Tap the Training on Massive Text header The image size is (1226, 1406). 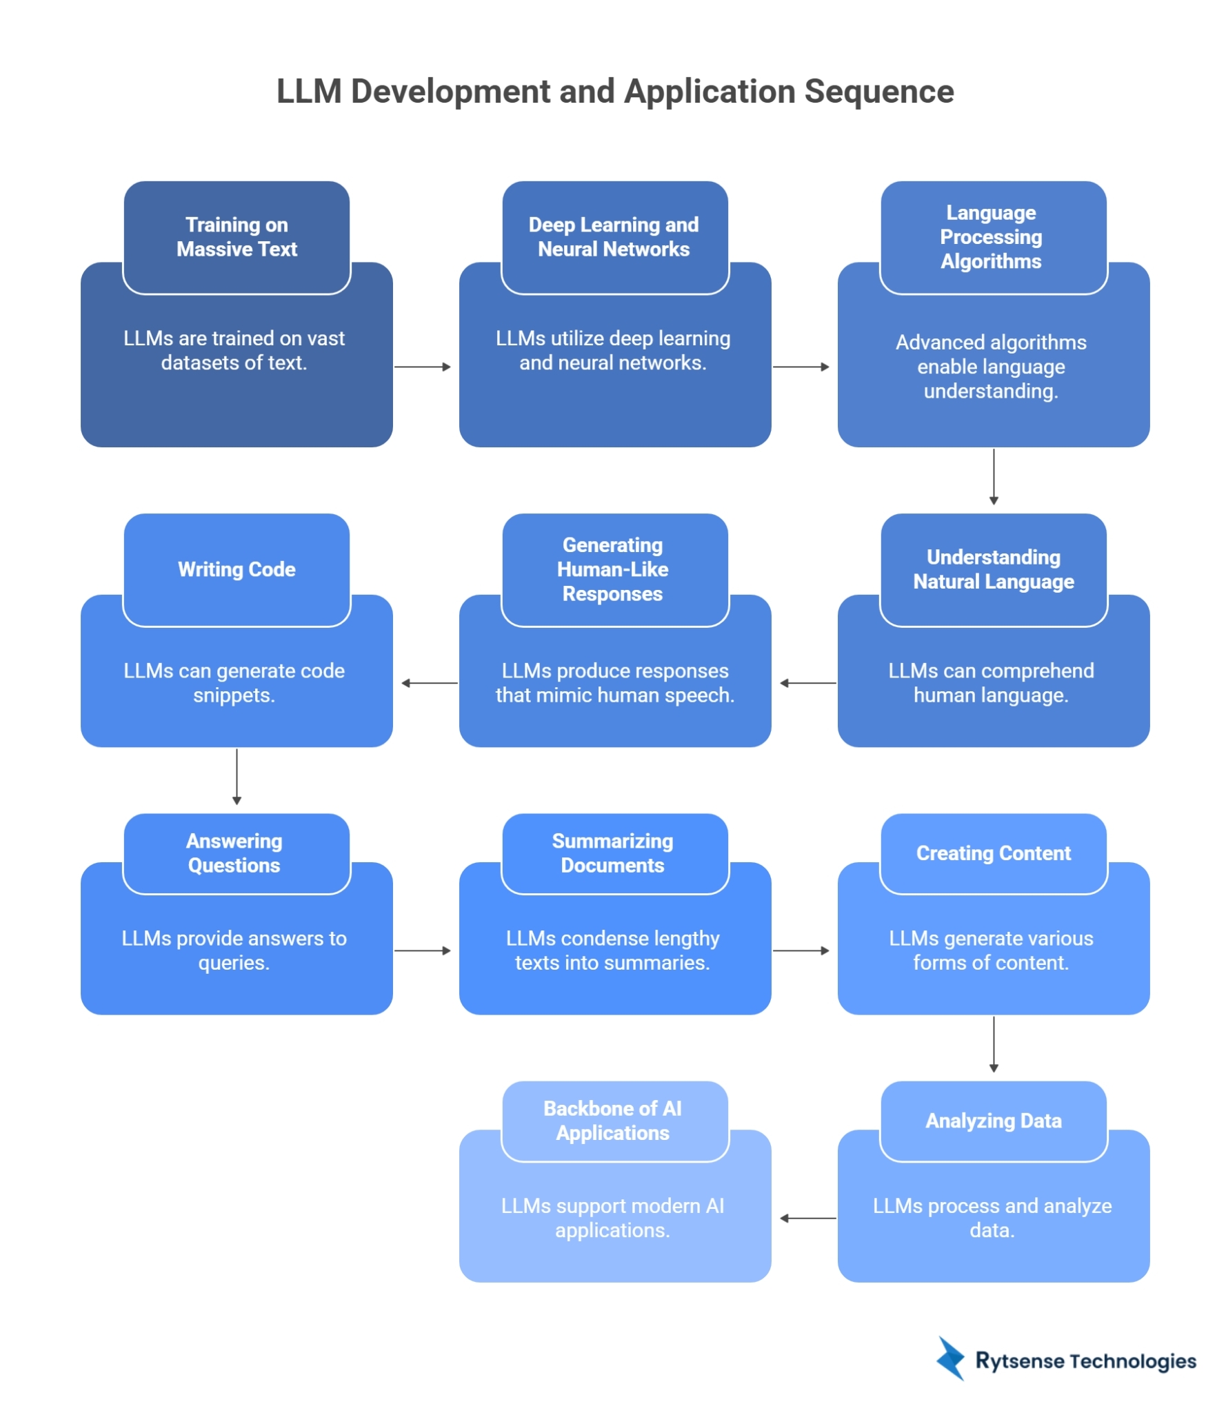pos(236,236)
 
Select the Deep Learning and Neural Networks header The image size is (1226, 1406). pos(613,236)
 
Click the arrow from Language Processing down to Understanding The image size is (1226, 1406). pos(993,476)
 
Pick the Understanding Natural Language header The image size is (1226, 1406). pos(993,569)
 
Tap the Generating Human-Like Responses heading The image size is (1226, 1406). pos(612,569)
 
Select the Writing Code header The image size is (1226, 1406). pos(236,569)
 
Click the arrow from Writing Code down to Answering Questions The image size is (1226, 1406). pos(237,776)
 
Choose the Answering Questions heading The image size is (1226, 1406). pos(234,853)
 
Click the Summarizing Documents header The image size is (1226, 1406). pos(612,853)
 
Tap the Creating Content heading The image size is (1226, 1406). pos(993,853)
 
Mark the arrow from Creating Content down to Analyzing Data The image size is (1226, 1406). pos(993,1043)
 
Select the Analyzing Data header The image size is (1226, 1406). pos(993,1120)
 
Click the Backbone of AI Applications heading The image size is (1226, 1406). pos(612,1120)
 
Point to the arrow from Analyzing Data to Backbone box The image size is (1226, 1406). pos(807,1218)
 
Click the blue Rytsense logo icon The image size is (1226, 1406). pos(950,1358)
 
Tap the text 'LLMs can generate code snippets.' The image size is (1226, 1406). pos(234,682)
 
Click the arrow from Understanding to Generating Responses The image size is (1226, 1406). pos(807,683)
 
